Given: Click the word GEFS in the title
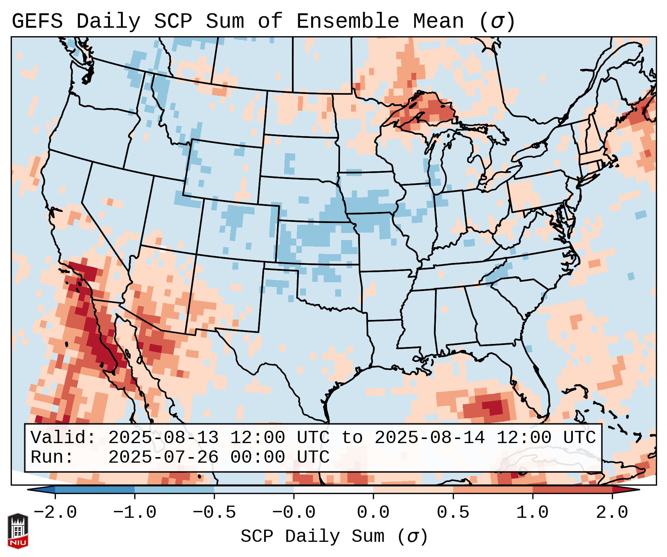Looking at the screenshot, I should point(37,21).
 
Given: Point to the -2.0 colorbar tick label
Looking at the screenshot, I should point(55,513).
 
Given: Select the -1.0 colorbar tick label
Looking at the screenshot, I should point(135,513).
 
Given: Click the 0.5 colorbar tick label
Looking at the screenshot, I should point(453,513).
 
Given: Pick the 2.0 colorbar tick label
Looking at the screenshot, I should point(612,513).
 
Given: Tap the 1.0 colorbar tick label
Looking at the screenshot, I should point(532,513).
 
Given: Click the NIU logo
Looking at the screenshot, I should point(18,531).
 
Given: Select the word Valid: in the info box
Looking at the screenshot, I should point(63,438).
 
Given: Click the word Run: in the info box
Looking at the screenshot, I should point(52,458).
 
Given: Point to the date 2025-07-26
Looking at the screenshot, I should point(163,458).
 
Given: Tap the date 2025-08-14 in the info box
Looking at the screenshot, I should point(429,438).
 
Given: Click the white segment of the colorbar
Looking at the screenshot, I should point(333,490).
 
